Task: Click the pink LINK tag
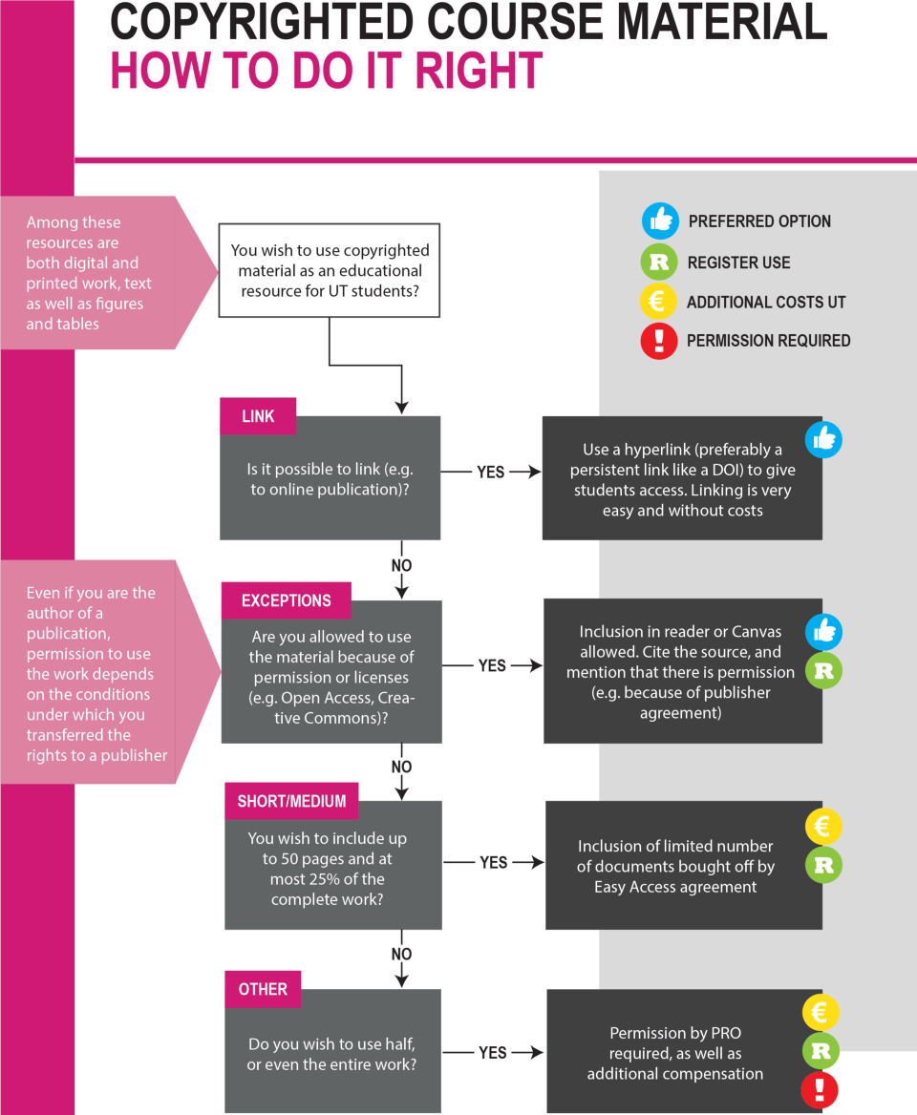pos(258,416)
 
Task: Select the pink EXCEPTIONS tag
pos(286,600)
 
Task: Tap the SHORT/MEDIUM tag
pos(291,802)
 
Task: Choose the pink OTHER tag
pos(263,989)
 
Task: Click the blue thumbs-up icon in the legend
pos(660,221)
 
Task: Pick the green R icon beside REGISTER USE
pos(659,263)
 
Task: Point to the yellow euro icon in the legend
pos(658,301)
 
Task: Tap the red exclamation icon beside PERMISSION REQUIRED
pos(659,341)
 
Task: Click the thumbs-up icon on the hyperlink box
pos(823,439)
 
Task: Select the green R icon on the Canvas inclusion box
pos(823,670)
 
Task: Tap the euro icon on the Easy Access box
pos(823,827)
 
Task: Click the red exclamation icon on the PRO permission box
pos(821,1089)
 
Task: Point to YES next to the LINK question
pos(490,473)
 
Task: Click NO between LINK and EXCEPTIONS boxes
pos(401,565)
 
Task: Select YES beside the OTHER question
pos(492,1052)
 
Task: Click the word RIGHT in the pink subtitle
pos(479,71)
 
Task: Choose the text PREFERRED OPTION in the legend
pos(759,221)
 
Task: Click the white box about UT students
pos(330,270)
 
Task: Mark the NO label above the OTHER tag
pos(401,954)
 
